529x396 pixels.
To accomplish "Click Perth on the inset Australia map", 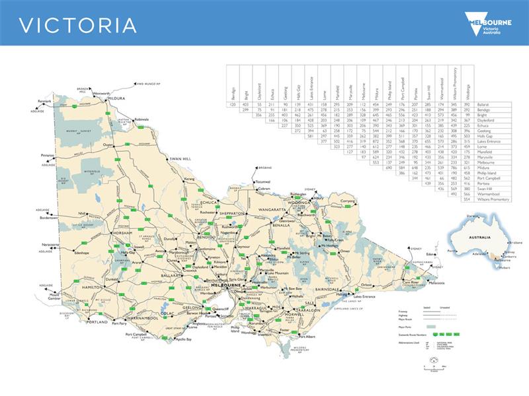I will point(452,251).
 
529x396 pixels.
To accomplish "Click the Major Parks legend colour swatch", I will point(431,327).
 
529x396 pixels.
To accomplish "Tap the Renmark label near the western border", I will point(44,101).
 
